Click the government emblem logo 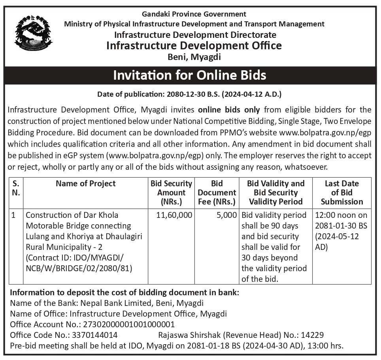coord(33,33)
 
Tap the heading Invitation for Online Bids coord(190,75)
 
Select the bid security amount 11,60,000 coord(174,215)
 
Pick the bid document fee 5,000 coord(226,215)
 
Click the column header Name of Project coord(85,184)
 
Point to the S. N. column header coord(16,188)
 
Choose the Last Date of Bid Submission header coord(341,193)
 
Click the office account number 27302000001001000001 coord(129,324)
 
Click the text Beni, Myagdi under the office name coord(194,57)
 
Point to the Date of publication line coord(190,94)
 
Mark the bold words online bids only coord(229,109)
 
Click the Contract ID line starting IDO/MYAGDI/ coord(75,258)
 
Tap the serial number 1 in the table coord(14,216)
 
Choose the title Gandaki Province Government coord(194,14)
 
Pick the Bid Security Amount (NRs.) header coord(171,193)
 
